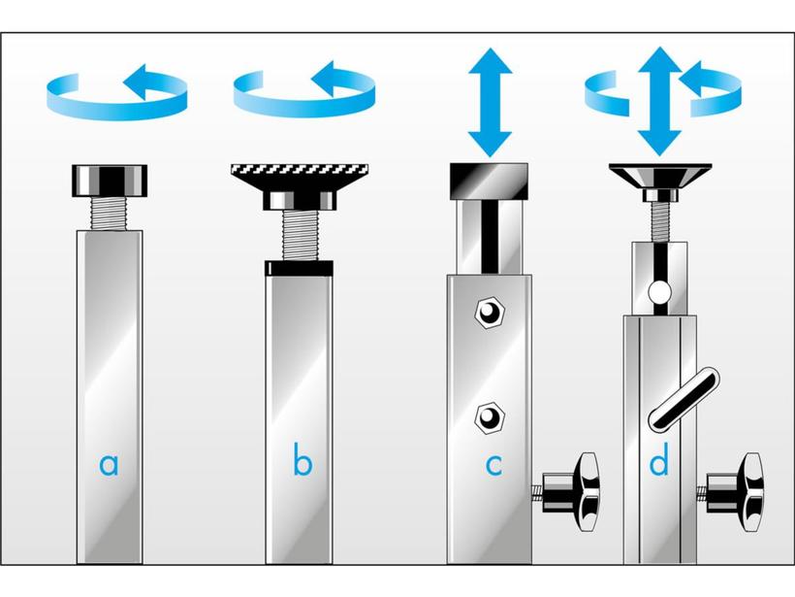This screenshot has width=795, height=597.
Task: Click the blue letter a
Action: [x=109, y=464]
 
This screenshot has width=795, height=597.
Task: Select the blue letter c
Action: [x=493, y=465]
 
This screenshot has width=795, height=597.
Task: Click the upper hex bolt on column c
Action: [x=490, y=312]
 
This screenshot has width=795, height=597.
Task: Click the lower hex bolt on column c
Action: [x=490, y=418]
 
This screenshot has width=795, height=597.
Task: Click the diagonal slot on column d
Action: [x=684, y=400]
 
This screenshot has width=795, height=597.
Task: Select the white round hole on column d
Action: [x=659, y=292]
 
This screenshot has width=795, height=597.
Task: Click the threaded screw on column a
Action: [x=110, y=214]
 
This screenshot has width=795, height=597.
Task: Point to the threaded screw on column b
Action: [x=300, y=235]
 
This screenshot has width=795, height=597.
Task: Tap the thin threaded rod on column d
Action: [x=659, y=221]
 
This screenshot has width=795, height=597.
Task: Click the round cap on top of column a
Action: [x=110, y=181]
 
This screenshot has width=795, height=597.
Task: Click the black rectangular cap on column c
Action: [x=489, y=181]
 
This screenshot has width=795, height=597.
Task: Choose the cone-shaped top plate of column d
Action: [x=660, y=176]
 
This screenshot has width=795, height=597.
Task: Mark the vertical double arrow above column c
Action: [x=490, y=102]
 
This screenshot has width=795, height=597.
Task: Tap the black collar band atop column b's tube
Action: [x=300, y=268]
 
